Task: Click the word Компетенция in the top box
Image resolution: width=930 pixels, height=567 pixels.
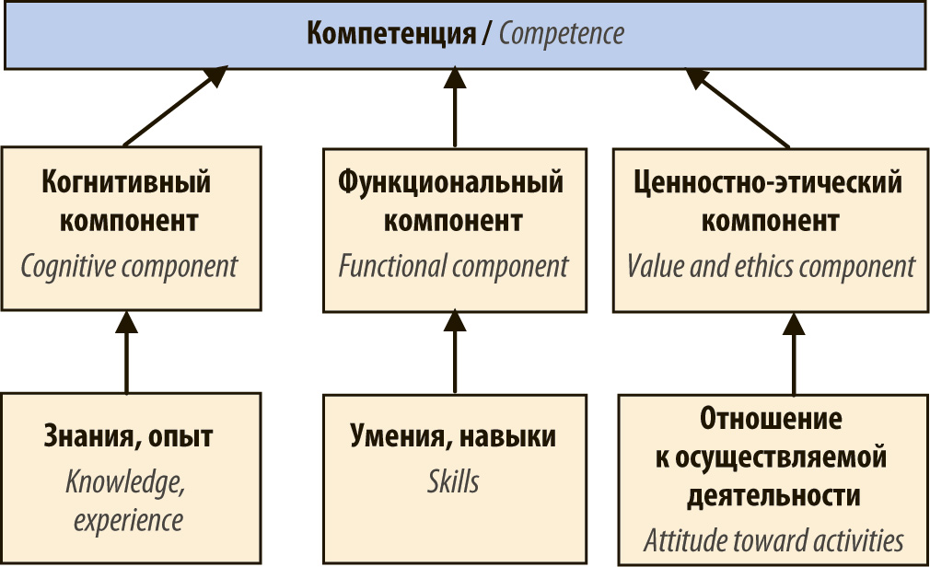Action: [390, 34]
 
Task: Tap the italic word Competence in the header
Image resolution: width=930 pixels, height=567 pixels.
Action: [561, 33]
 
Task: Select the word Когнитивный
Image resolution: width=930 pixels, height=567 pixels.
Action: [126, 181]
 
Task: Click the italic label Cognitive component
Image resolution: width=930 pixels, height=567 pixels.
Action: [129, 267]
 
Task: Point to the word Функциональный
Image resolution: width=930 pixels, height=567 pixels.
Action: [451, 182]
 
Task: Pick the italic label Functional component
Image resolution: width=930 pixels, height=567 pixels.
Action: [454, 266]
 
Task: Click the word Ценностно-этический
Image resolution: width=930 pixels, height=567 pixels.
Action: [768, 182]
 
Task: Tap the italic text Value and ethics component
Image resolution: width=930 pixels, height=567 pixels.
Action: [771, 266]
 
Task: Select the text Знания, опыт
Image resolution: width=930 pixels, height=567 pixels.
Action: [128, 436]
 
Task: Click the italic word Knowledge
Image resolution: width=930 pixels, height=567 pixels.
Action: [125, 481]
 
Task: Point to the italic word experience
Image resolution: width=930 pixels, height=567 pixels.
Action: [128, 521]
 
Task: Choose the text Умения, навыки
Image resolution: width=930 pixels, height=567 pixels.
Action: [453, 436]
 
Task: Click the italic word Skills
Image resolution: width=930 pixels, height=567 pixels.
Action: [453, 481]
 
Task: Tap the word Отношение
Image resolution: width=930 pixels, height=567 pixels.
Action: [771, 418]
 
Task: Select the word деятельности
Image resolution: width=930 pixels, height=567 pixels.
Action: [773, 495]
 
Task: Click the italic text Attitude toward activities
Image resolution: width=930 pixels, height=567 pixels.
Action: [773, 540]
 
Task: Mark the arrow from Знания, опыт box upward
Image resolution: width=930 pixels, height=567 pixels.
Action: [126, 352]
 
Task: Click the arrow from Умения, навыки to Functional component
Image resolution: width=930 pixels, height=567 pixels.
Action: [455, 351]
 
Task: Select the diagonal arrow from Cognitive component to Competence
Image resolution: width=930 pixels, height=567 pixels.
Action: [176, 106]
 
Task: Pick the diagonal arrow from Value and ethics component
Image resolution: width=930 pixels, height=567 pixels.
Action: [738, 108]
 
